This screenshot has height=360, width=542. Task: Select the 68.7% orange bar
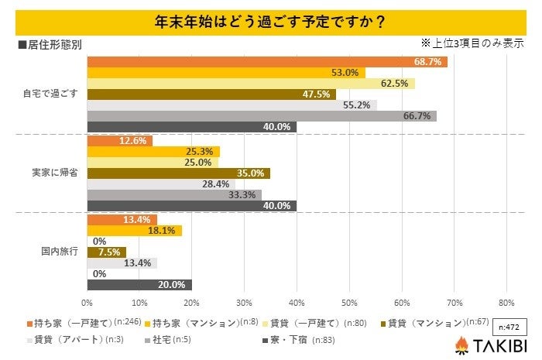click(x=267, y=62)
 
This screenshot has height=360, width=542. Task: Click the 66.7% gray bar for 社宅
click(x=262, y=116)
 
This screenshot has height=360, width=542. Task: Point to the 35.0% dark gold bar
click(x=178, y=173)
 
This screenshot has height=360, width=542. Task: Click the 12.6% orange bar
click(x=119, y=141)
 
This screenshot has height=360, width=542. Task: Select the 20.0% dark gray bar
click(x=139, y=285)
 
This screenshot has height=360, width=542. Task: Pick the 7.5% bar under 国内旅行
click(x=106, y=252)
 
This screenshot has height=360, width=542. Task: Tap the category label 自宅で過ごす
click(x=50, y=94)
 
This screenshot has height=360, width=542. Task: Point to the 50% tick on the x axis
click(x=349, y=302)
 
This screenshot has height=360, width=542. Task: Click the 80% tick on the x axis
click(x=506, y=302)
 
